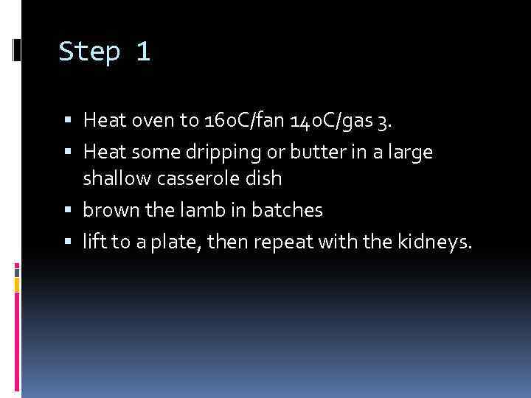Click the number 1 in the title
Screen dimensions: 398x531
click(x=142, y=52)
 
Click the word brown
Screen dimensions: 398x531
click(x=105, y=211)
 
